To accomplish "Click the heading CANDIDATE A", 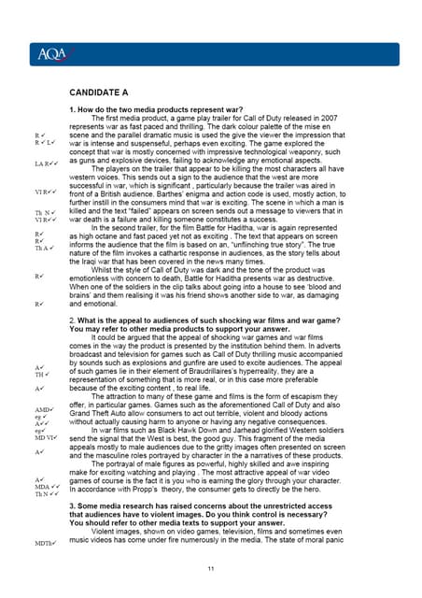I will pos(112,94).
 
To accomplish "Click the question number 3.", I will pos(73,505).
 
